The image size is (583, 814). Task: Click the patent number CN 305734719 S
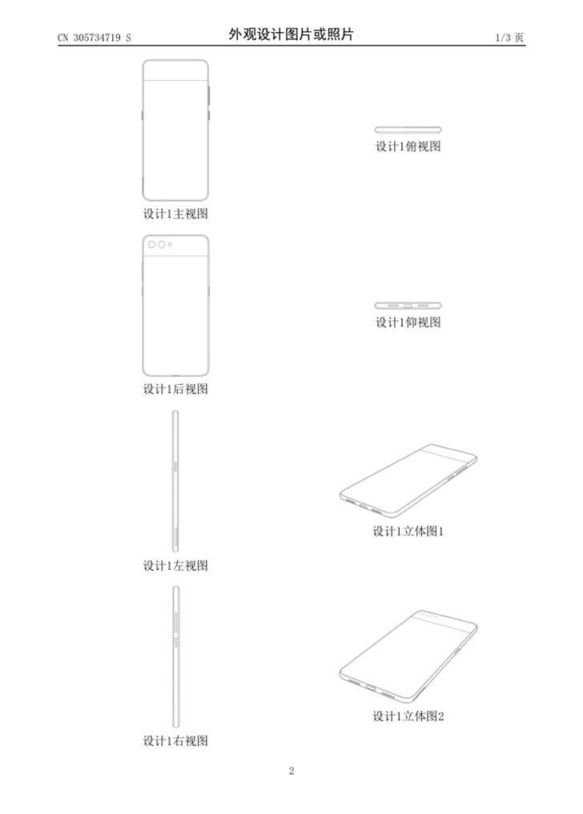point(94,38)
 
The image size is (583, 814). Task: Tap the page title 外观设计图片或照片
point(291,34)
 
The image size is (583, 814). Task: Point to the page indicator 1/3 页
point(509,38)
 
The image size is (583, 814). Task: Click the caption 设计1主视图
point(175,214)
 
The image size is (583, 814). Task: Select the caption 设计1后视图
point(175,389)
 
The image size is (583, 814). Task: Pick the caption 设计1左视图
point(175,565)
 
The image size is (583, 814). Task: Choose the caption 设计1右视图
point(175,741)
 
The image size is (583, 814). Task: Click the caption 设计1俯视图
point(408,146)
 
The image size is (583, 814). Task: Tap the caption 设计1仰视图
point(408,323)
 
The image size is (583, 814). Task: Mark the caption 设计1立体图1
point(408,531)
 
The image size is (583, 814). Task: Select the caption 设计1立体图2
point(408,716)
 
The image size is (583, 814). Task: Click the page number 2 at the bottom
point(291,771)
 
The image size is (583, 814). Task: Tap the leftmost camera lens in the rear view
point(152,244)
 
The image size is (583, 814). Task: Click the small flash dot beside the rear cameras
point(170,244)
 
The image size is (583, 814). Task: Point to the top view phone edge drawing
point(408,130)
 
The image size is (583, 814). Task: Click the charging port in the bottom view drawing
point(408,306)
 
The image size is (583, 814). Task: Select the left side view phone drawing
point(175,481)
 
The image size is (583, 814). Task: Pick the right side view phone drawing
point(176,656)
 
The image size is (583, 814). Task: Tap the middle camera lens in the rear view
point(162,244)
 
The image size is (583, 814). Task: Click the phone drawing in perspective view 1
point(408,481)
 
